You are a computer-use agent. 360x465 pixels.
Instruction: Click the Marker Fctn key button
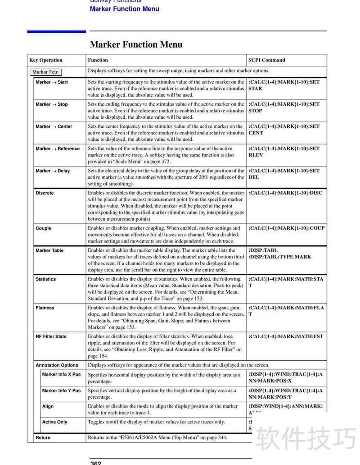click(46, 72)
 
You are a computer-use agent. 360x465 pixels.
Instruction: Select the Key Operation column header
click(46, 60)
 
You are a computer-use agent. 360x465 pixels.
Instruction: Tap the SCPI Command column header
click(266, 60)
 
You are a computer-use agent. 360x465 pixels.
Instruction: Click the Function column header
click(98, 60)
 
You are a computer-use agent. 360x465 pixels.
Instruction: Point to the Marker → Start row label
click(52, 82)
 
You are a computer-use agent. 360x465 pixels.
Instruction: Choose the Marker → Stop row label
click(52, 104)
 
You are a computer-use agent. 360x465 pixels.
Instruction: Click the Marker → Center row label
click(54, 127)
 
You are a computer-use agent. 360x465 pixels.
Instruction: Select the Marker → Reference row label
click(58, 149)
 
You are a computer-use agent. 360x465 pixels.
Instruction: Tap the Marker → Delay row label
click(53, 171)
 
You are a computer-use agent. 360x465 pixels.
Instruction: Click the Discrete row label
click(45, 193)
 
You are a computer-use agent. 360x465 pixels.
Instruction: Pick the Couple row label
click(44, 228)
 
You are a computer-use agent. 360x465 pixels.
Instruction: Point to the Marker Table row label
click(49, 250)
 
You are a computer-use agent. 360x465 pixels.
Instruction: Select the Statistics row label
click(46, 279)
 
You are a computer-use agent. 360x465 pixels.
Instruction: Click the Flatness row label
click(45, 308)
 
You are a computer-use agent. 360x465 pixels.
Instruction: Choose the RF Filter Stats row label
click(51, 337)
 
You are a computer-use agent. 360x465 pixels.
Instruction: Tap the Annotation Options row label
click(57, 366)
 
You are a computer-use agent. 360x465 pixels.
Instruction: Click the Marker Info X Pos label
click(61, 375)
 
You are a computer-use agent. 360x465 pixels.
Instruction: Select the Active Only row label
click(54, 422)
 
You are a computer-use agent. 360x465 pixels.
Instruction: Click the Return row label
click(43, 438)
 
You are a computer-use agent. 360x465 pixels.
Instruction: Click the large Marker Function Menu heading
click(136, 45)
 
